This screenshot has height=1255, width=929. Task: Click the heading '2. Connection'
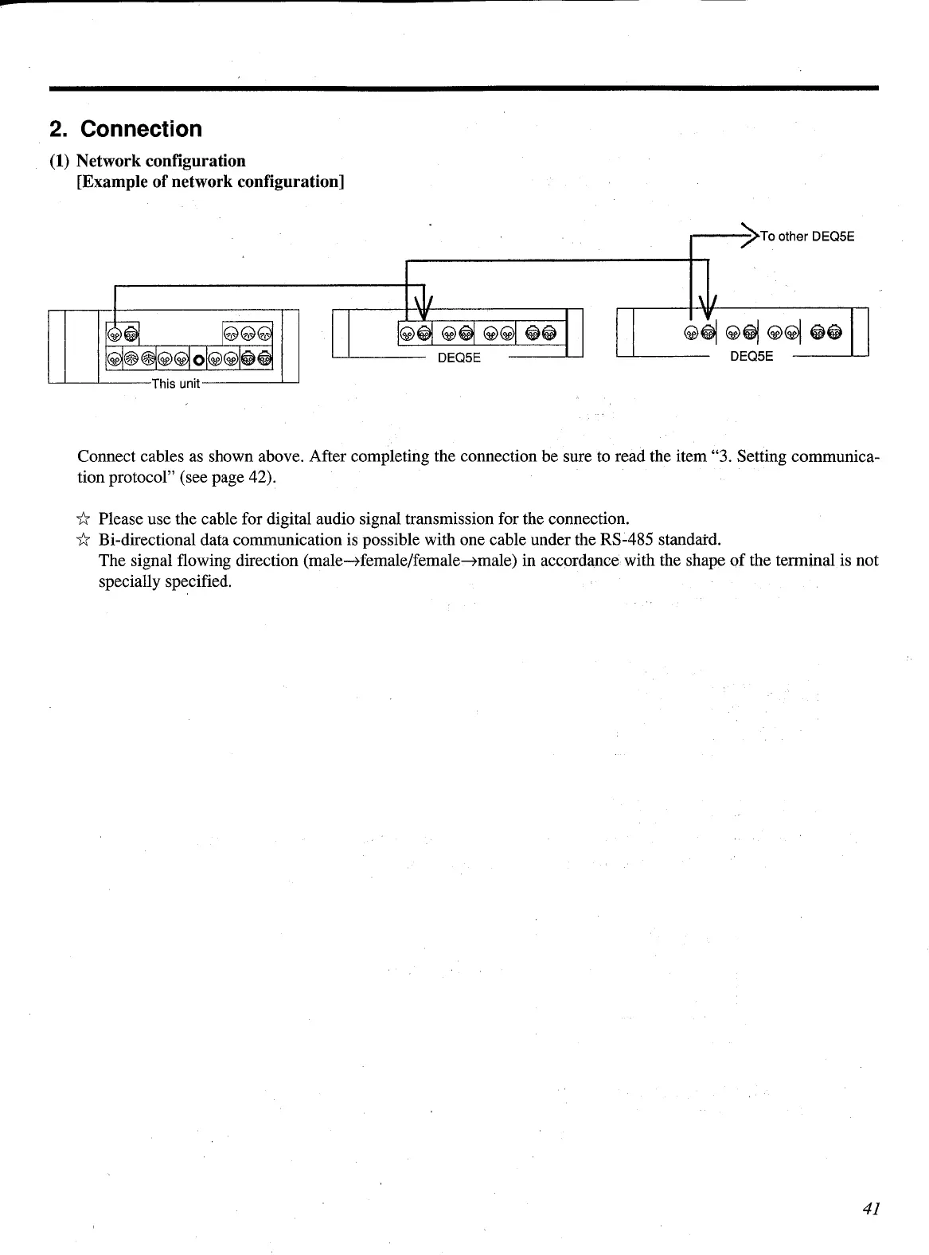[126, 129]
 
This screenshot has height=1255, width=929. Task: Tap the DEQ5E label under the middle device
[459, 358]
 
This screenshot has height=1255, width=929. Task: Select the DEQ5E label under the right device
[751, 356]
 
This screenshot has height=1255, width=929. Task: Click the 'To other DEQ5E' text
[806, 236]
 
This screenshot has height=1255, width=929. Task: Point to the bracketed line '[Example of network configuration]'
[210, 182]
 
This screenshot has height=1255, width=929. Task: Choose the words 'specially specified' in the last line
[165, 581]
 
